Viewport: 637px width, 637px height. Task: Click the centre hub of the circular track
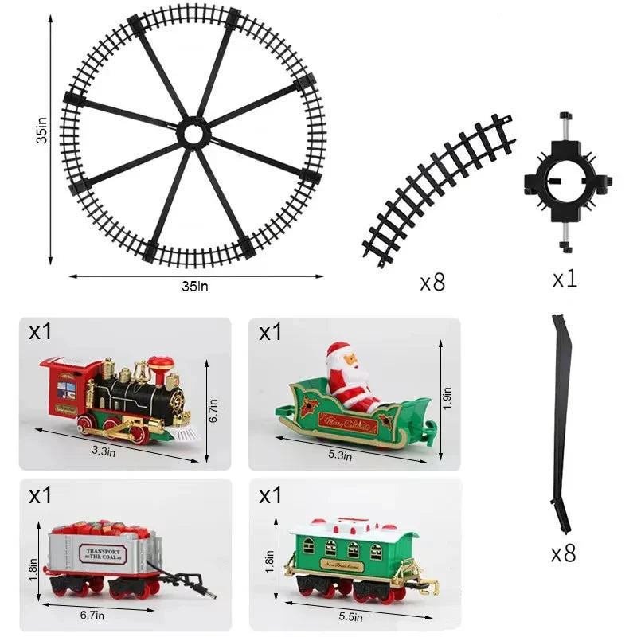[193, 134]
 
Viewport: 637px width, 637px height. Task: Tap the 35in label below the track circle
[197, 286]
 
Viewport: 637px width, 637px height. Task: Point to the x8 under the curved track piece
[432, 283]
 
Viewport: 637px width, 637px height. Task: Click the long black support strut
[561, 422]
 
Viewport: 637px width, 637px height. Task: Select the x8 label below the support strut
[562, 553]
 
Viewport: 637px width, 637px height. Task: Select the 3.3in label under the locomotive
[104, 452]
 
